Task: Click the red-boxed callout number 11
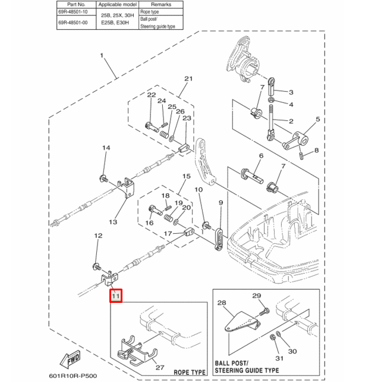(x=116, y=295)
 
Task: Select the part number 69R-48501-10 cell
(x=73, y=12)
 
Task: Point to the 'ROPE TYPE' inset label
(x=189, y=372)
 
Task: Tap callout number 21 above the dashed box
(x=188, y=79)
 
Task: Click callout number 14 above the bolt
(x=105, y=148)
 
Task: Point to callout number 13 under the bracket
(x=113, y=222)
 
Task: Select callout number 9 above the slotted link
(x=221, y=203)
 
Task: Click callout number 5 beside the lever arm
(x=317, y=120)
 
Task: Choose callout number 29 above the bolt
(x=257, y=296)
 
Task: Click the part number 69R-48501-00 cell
(x=73, y=23)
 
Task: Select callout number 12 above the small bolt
(x=99, y=237)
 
